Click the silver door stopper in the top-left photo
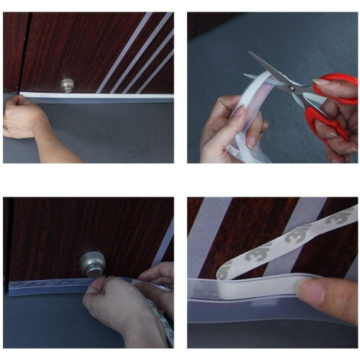pos(67,85)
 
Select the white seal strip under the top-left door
pos(108,96)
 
